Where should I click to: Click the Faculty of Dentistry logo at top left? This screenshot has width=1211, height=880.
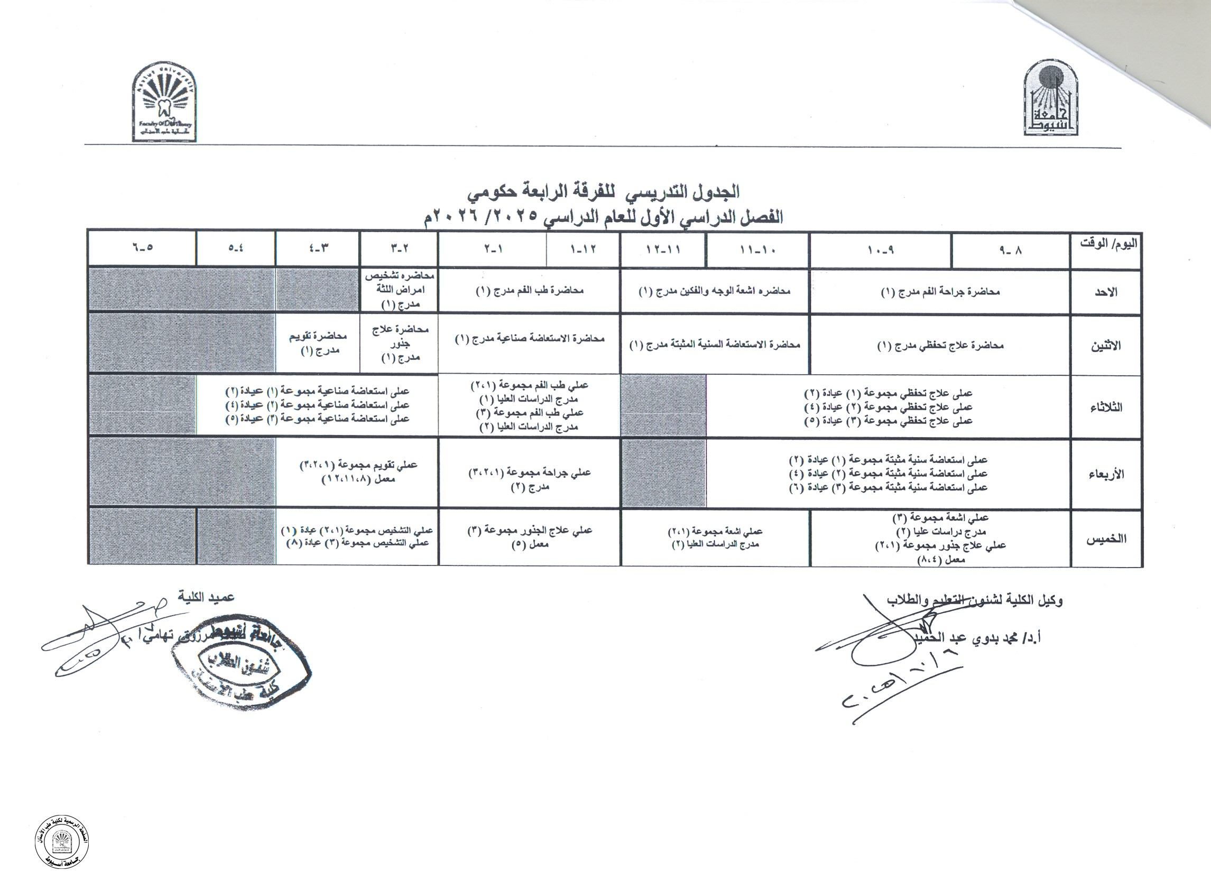[164, 102]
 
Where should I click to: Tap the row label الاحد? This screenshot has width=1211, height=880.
[1106, 292]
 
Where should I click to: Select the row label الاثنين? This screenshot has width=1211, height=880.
[1105, 346]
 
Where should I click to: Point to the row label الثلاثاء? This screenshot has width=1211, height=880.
[1105, 407]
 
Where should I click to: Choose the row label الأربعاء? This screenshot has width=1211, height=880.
[1106, 474]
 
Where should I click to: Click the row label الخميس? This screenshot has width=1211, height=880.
[1106, 539]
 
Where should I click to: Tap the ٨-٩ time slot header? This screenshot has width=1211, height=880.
[1010, 249]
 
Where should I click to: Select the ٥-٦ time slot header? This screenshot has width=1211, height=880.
[142, 248]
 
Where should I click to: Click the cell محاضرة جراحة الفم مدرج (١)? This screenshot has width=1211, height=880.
[940, 292]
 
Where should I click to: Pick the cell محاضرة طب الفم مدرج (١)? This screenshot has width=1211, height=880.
[529, 291]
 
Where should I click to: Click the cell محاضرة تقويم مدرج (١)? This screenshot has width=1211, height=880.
[318, 344]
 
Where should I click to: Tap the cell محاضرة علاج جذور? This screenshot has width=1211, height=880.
[400, 344]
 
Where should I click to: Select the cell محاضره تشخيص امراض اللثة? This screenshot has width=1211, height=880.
[400, 290]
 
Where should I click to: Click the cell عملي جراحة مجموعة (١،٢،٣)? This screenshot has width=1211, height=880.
[529, 479]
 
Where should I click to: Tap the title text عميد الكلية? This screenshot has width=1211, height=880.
[207, 597]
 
